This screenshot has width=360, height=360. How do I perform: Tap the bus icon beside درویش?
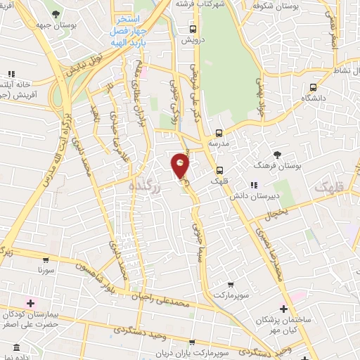(x=193, y=30)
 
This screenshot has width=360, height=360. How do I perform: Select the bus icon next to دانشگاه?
(x=314, y=88)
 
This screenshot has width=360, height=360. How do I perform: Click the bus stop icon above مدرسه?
(x=219, y=132)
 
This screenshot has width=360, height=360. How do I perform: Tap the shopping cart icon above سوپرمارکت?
(x=231, y=285)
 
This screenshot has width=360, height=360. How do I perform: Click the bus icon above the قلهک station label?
(x=221, y=169)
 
